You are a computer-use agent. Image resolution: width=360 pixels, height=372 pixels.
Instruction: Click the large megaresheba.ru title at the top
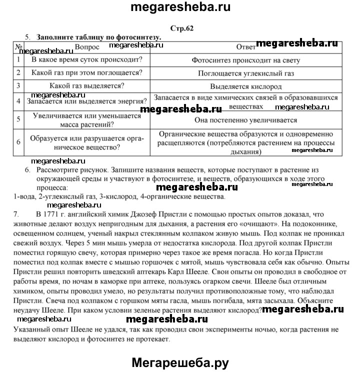180,8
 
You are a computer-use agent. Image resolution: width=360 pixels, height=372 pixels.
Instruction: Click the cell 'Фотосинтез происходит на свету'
245,60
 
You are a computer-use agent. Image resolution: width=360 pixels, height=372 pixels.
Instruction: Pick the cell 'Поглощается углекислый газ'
245,73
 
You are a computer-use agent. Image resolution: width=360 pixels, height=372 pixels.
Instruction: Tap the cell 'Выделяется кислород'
245,85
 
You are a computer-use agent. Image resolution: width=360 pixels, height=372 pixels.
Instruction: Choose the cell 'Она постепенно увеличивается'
245,120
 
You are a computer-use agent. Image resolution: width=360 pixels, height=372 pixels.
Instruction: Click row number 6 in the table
18,141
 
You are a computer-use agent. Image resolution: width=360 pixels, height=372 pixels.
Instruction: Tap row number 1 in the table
18,60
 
